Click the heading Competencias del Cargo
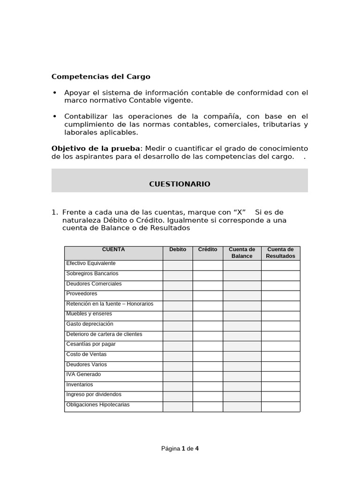(101, 76)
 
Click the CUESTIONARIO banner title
(180, 184)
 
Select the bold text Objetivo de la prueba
(95, 149)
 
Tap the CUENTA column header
(113, 250)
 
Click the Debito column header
(178, 250)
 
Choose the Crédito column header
(208, 250)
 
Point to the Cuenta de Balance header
(242, 253)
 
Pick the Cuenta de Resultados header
(280, 253)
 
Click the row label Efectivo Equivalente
(91, 263)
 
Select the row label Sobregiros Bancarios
(92, 273)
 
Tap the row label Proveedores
(82, 293)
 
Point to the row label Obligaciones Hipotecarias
(98, 405)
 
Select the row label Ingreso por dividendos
(94, 394)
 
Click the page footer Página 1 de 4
(180, 449)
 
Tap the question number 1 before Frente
(54, 212)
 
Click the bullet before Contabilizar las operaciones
(55, 116)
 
